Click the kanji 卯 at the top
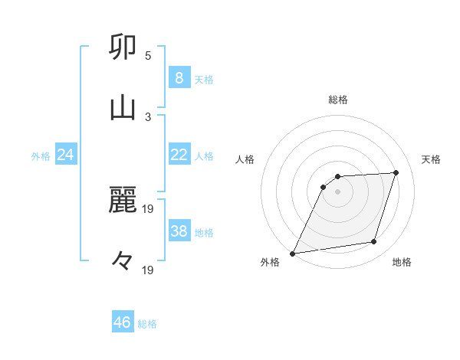click(123, 47)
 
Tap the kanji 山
click(123, 107)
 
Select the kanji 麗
click(123, 201)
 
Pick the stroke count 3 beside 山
click(148, 116)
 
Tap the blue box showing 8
click(179, 78)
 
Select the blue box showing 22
click(179, 155)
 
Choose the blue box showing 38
click(179, 232)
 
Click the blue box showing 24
click(65, 155)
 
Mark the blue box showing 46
click(123, 322)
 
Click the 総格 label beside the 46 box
click(147, 324)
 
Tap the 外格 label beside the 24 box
click(41, 156)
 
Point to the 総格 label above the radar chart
click(338, 100)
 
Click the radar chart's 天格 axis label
click(431, 159)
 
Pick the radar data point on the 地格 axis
click(374, 242)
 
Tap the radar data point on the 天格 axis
click(396, 173)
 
